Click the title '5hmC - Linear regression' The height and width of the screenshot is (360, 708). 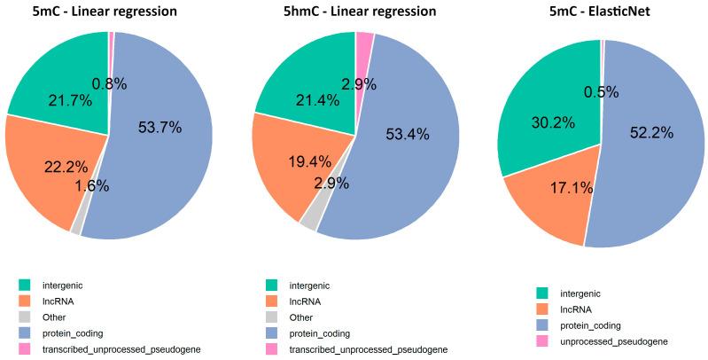pyautogui.click(x=354, y=12)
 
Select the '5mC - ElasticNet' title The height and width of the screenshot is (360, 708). pyautogui.click(x=603, y=12)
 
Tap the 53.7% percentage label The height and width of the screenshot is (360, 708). pyautogui.click(x=160, y=128)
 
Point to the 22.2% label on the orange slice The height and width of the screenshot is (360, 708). pyautogui.click(x=66, y=166)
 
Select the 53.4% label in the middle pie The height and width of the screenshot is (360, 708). pyautogui.click(x=408, y=134)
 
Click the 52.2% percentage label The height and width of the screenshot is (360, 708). pyautogui.click(x=652, y=132)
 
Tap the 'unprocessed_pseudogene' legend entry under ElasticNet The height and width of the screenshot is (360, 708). pyautogui.click(x=616, y=341)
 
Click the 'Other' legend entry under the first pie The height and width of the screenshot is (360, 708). pyautogui.click(x=54, y=317)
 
